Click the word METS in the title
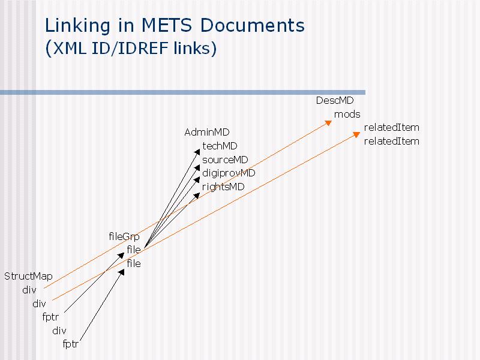click(x=167, y=25)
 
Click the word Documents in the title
click(x=253, y=25)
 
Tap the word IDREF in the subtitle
click(x=143, y=48)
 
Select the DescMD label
click(x=335, y=100)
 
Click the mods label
click(x=347, y=114)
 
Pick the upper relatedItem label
click(x=392, y=127)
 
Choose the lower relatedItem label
click(x=392, y=141)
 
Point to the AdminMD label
click(x=207, y=132)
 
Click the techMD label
click(x=220, y=146)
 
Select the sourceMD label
click(x=225, y=160)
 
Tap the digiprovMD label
click(x=229, y=173)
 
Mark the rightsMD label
click(x=223, y=187)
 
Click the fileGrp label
click(x=124, y=236)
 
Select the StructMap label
click(x=28, y=276)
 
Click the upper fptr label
click(x=50, y=317)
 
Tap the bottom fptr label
click(x=70, y=344)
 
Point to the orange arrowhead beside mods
click(x=328, y=123)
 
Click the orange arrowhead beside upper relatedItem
click(x=356, y=134)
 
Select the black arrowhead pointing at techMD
click(x=197, y=152)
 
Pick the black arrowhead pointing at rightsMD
click(x=197, y=196)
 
